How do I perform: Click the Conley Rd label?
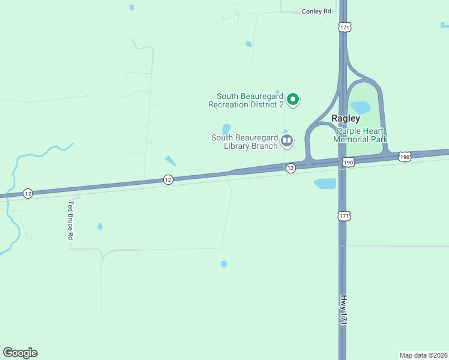pyautogui.click(x=316, y=11)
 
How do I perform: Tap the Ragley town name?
pyautogui.click(x=345, y=119)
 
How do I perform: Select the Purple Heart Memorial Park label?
pyautogui.click(x=360, y=135)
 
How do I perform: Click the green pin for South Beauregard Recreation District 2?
pyautogui.click(x=292, y=99)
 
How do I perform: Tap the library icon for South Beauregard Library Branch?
pyautogui.click(x=286, y=142)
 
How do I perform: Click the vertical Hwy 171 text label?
pyautogui.click(x=344, y=310)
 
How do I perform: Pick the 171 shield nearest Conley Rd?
pyautogui.click(x=344, y=28)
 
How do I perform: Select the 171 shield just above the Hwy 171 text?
pyautogui.click(x=344, y=216)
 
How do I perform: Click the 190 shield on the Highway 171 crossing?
pyautogui.click(x=348, y=162)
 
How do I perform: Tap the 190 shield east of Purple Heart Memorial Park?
pyautogui.click(x=405, y=157)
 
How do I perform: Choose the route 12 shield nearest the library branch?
pyautogui.click(x=291, y=169)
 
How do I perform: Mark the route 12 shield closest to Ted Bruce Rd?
pyautogui.click(x=28, y=193)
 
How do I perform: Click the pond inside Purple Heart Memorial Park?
pyautogui.click(x=360, y=107)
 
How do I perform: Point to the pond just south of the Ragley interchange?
pyautogui.click(x=325, y=184)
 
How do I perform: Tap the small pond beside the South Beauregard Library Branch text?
pyautogui.click(x=226, y=129)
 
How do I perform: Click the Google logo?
pyautogui.click(x=20, y=353)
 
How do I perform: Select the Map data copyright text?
pyautogui.click(x=423, y=355)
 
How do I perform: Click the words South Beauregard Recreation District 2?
pyautogui.click(x=246, y=100)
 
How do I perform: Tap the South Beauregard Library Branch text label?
pyautogui.click(x=244, y=142)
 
